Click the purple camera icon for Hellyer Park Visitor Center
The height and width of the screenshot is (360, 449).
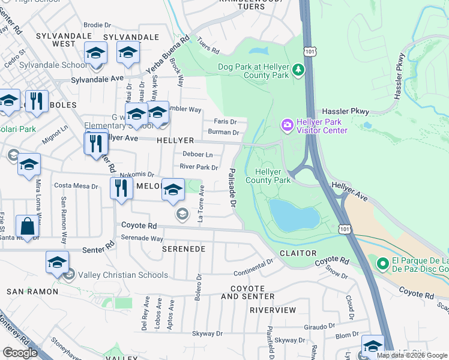click(x=287, y=124)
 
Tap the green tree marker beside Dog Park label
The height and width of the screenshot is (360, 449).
click(x=298, y=71)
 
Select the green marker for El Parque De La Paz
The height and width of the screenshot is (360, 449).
click(x=382, y=263)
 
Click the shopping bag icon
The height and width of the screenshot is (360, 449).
click(x=28, y=227)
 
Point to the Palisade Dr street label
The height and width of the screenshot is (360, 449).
click(x=232, y=188)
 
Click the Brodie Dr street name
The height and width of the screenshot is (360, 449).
click(x=98, y=25)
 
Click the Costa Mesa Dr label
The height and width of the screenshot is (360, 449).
click(x=76, y=186)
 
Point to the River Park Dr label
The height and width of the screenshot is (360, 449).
click(x=199, y=167)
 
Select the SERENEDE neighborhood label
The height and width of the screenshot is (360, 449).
click(x=184, y=248)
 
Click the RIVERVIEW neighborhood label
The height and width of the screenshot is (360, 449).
click(x=273, y=310)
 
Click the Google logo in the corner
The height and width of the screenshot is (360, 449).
click(x=20, y=353)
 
